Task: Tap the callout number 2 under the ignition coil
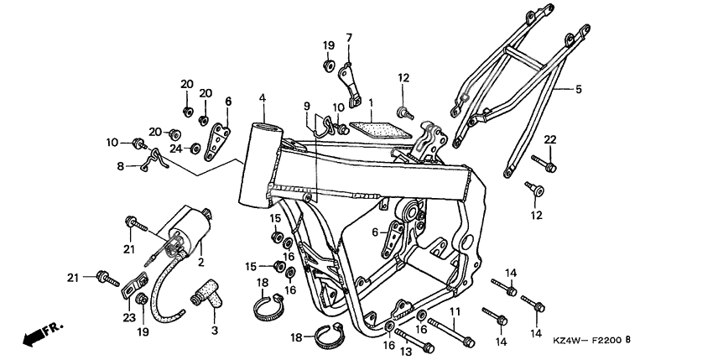point(200,262)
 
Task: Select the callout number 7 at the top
point(349,37)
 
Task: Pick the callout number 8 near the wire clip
point(121,166)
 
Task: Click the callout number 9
point(307,106)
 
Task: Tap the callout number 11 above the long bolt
point(455,312)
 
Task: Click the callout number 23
point(128,318)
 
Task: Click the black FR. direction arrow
point(34,337)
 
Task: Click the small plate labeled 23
point(129,290)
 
